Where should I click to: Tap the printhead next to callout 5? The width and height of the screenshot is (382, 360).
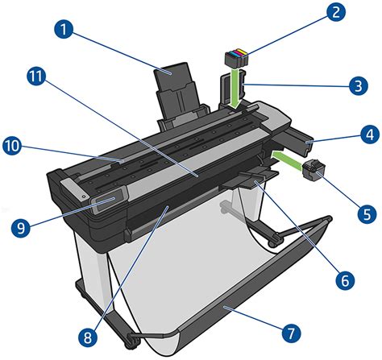312,171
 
